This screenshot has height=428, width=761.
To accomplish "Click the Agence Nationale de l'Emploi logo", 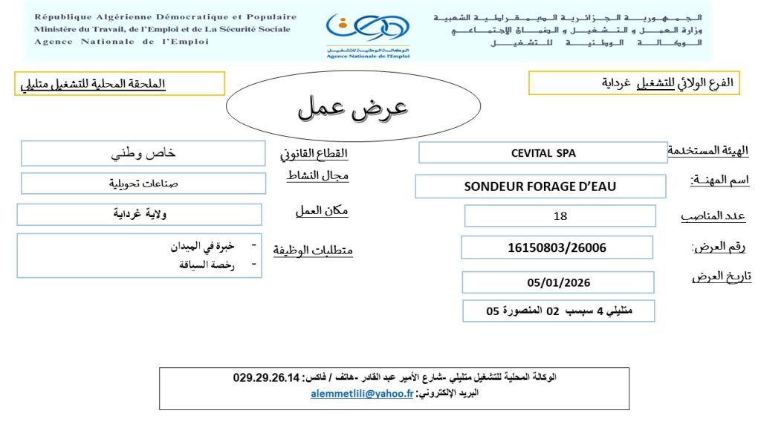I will pyautogui.click(x=367, y=33).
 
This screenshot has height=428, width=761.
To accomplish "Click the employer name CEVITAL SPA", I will pyautogui.click(x=543, y=153).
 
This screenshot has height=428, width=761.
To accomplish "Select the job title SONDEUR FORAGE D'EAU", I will pyautogui.click(x=540, y=187).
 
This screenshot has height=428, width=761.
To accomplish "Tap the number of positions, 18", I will pyautogui.click(x=560, y=216).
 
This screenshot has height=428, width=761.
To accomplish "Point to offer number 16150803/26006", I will pyautogui.click(x=557, y=247).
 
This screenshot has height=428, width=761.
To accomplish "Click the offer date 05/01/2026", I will pyautogui.click(x=557, y=282).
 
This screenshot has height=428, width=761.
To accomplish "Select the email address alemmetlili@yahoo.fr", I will pyautogui.click(x=361, y=395).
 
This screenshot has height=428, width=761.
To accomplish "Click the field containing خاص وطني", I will pyautogui.click(x=143, y=154).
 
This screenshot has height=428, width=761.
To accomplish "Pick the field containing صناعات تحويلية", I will pyautogui.click(x=143, y=183).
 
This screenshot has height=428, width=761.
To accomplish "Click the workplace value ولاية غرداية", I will pyautogui.click(x=140, y=215).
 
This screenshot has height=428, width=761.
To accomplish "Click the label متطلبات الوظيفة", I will pyautogui.click(x=313, y=250).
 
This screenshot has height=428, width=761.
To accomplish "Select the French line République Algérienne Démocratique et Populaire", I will pyautogui.click(x=165, y=17).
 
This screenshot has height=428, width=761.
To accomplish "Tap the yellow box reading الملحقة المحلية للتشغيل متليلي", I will pyautogui.click(x=122, y=83).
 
